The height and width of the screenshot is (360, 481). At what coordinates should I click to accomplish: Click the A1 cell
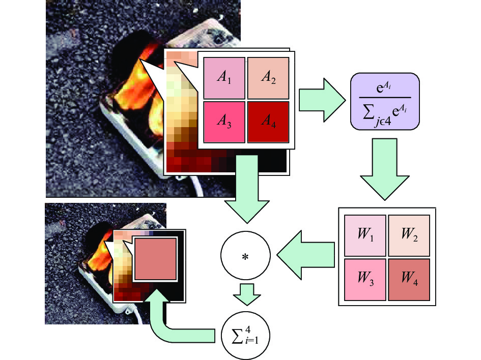(224, 78)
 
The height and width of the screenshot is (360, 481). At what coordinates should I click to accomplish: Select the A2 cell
(268, 78)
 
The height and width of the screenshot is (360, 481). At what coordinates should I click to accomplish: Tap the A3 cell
(224, 122)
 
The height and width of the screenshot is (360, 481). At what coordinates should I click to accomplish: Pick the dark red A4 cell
(268, 122)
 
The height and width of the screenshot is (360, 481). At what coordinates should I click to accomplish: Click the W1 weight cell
(365, 235)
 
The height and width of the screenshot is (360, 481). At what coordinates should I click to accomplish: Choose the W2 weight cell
(409, 235)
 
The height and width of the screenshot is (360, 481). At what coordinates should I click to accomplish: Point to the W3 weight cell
(365, 280)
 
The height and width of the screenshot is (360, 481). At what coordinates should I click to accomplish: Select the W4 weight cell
(409, 280)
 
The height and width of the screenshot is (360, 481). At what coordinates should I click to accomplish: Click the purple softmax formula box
(385, 101)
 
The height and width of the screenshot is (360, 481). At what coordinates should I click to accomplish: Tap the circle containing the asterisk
(245, 255)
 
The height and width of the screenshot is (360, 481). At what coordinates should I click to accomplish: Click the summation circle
(245, 335)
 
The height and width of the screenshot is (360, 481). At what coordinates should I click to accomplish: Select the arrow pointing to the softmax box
(322, 100)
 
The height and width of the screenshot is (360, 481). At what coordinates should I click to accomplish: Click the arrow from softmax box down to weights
(385, 169)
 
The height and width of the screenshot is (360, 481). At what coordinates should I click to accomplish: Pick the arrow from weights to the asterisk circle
(305, 255)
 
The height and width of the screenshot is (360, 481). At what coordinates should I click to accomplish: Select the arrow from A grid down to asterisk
(247, 189)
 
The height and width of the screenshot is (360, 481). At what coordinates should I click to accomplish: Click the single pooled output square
(156, 259)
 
